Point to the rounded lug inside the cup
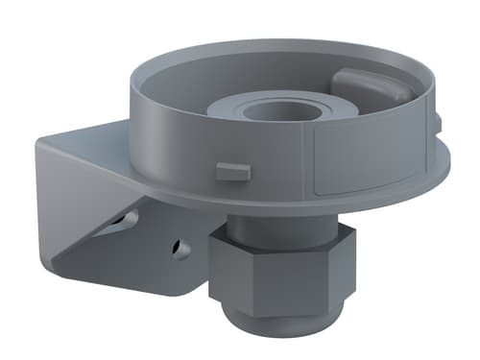[367, 86]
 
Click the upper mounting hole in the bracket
[126, 220]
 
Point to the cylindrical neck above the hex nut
[274, 230]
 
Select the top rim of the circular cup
[192, 57]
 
